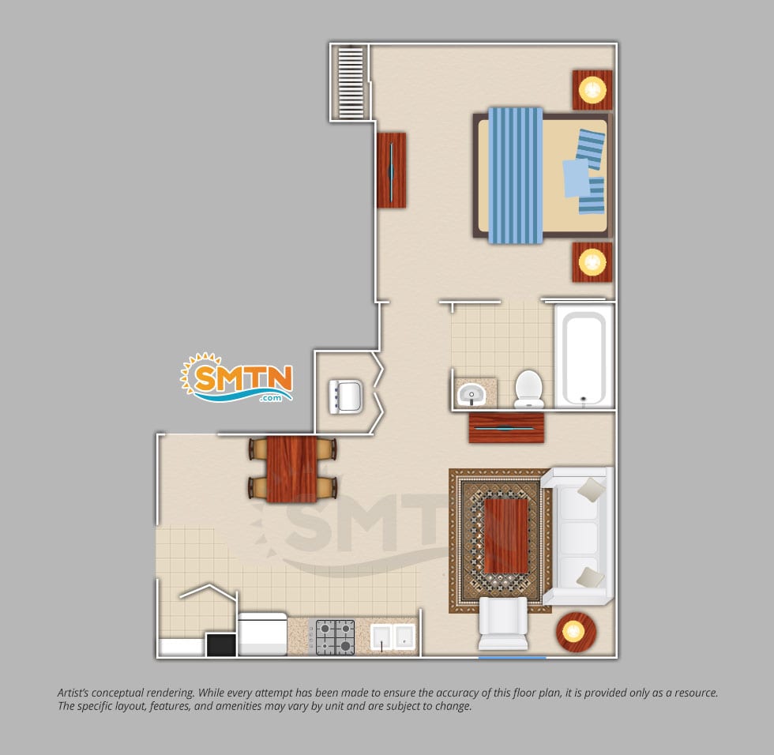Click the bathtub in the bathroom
(584, 356)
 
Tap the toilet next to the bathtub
(529, 389)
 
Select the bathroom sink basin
(472, 394)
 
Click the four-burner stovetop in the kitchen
(335, 637)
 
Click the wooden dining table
(291, 469)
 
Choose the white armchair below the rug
(503, 623)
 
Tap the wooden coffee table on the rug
(506, 536)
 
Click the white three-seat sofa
(578, 536)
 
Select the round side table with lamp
(576, 632)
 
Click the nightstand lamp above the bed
(592, 90)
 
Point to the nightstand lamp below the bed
(592, 262)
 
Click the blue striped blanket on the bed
(515, 175)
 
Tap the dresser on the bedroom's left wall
(392, 171)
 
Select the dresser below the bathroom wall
(506, 428)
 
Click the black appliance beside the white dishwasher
(221, 645)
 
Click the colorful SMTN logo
(237, 378)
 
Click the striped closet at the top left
(351, 82)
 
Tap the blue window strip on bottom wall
(513, 657)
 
